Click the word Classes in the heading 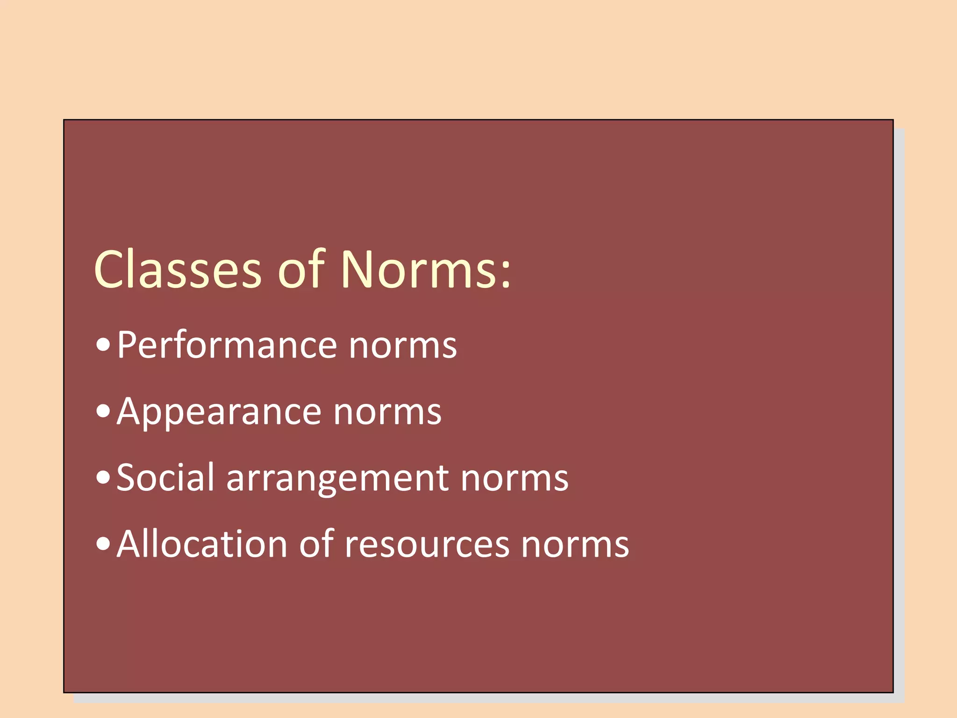coord(178,270)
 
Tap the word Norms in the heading coord(418,270)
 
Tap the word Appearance coord(219,412)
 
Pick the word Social coord(165,478)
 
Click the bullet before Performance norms coord(103,345)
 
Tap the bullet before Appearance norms coord(103,412)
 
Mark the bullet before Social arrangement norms coord(103,478)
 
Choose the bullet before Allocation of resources coord(103,544)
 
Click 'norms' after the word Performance coord(403,346)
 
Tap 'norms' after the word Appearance coord(387,413)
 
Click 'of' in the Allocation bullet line coord(316,544)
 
